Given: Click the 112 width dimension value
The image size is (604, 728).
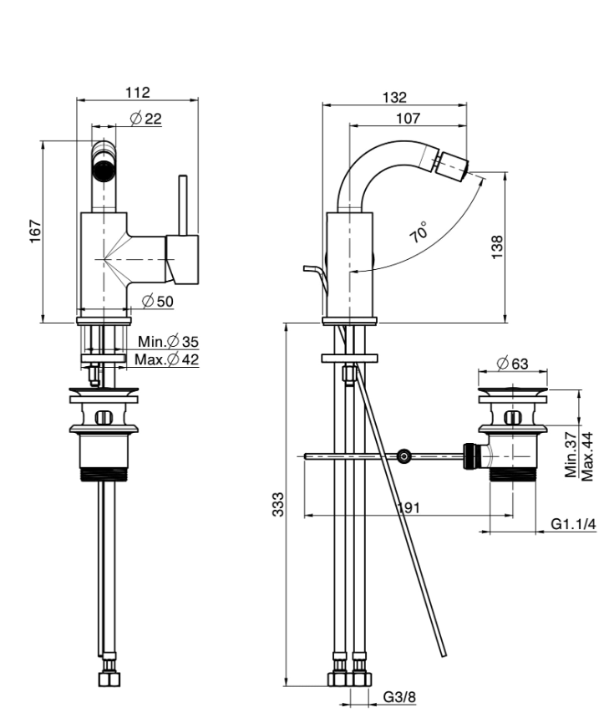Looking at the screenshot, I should [138, 91].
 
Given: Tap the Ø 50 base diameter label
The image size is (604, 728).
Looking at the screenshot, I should [158, 301].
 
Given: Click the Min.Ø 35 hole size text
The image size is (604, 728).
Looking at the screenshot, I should [169, 341].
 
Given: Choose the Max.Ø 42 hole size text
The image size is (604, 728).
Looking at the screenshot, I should [167, 359].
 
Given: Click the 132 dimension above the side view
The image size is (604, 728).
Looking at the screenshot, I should [395, 97].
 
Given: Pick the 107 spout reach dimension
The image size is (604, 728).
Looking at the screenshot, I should [408, 119].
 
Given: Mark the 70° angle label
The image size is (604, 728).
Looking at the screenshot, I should [420, 232].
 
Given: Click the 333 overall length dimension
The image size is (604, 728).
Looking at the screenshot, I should [279, 504].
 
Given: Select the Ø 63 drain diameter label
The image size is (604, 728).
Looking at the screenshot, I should [511, 363].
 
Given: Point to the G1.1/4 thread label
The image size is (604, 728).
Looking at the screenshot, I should [573, 525].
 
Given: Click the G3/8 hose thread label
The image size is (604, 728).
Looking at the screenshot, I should [399, 697].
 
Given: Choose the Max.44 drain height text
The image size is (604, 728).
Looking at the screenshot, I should [587, 456].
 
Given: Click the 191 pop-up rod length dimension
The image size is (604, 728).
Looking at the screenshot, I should [407, 507].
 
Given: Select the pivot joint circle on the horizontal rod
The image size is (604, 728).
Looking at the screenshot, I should [404, 456].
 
